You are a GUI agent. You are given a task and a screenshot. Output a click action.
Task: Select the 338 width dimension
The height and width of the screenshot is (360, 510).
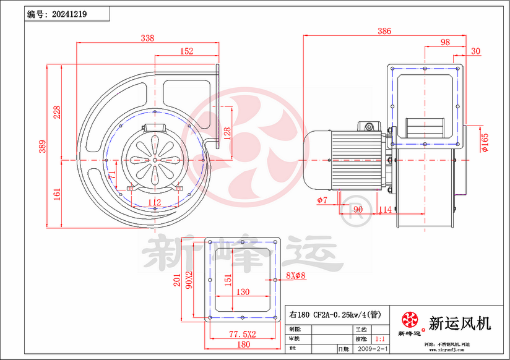point(147,38)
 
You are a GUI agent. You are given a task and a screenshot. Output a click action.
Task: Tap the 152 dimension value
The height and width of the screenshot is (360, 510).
point(186,51)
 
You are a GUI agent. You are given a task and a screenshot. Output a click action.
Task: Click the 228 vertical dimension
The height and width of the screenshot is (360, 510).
point(56,112)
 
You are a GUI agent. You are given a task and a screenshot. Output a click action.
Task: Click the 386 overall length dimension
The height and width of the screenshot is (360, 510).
point(384,31)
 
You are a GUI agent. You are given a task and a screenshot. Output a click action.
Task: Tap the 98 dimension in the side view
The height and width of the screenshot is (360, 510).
point(444,42)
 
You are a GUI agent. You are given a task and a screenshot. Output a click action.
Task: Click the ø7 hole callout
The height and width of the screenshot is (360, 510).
point(322,200)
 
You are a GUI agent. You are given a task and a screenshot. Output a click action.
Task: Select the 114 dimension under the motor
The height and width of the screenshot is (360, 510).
point(385,210)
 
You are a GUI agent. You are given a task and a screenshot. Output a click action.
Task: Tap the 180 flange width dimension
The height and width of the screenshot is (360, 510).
point(243,345)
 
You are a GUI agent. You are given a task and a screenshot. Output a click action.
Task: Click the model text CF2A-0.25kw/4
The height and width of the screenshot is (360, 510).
point(337,314)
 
